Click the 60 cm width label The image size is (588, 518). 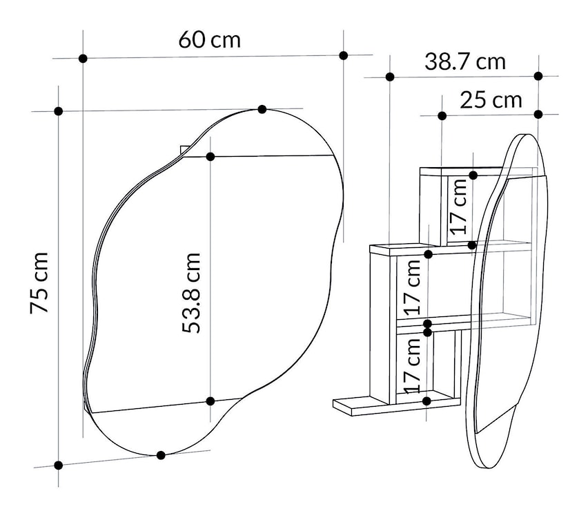click(209, 40)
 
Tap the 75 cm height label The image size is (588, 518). click(39, 282)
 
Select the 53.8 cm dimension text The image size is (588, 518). click(191, 293)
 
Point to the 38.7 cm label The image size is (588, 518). click(465, 62)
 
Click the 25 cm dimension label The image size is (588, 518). click(491, 100)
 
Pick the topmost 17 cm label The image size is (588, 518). click(459, 207)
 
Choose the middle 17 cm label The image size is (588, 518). click(413, 287)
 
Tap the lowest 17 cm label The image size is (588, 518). click(413, 365)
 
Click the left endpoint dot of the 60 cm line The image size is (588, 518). click(84, 58)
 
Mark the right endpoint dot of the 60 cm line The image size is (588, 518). click(344, 55)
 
